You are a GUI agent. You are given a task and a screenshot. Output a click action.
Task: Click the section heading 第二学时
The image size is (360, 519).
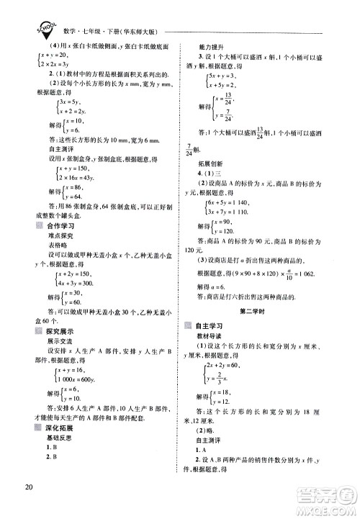(x=259, y=308)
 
